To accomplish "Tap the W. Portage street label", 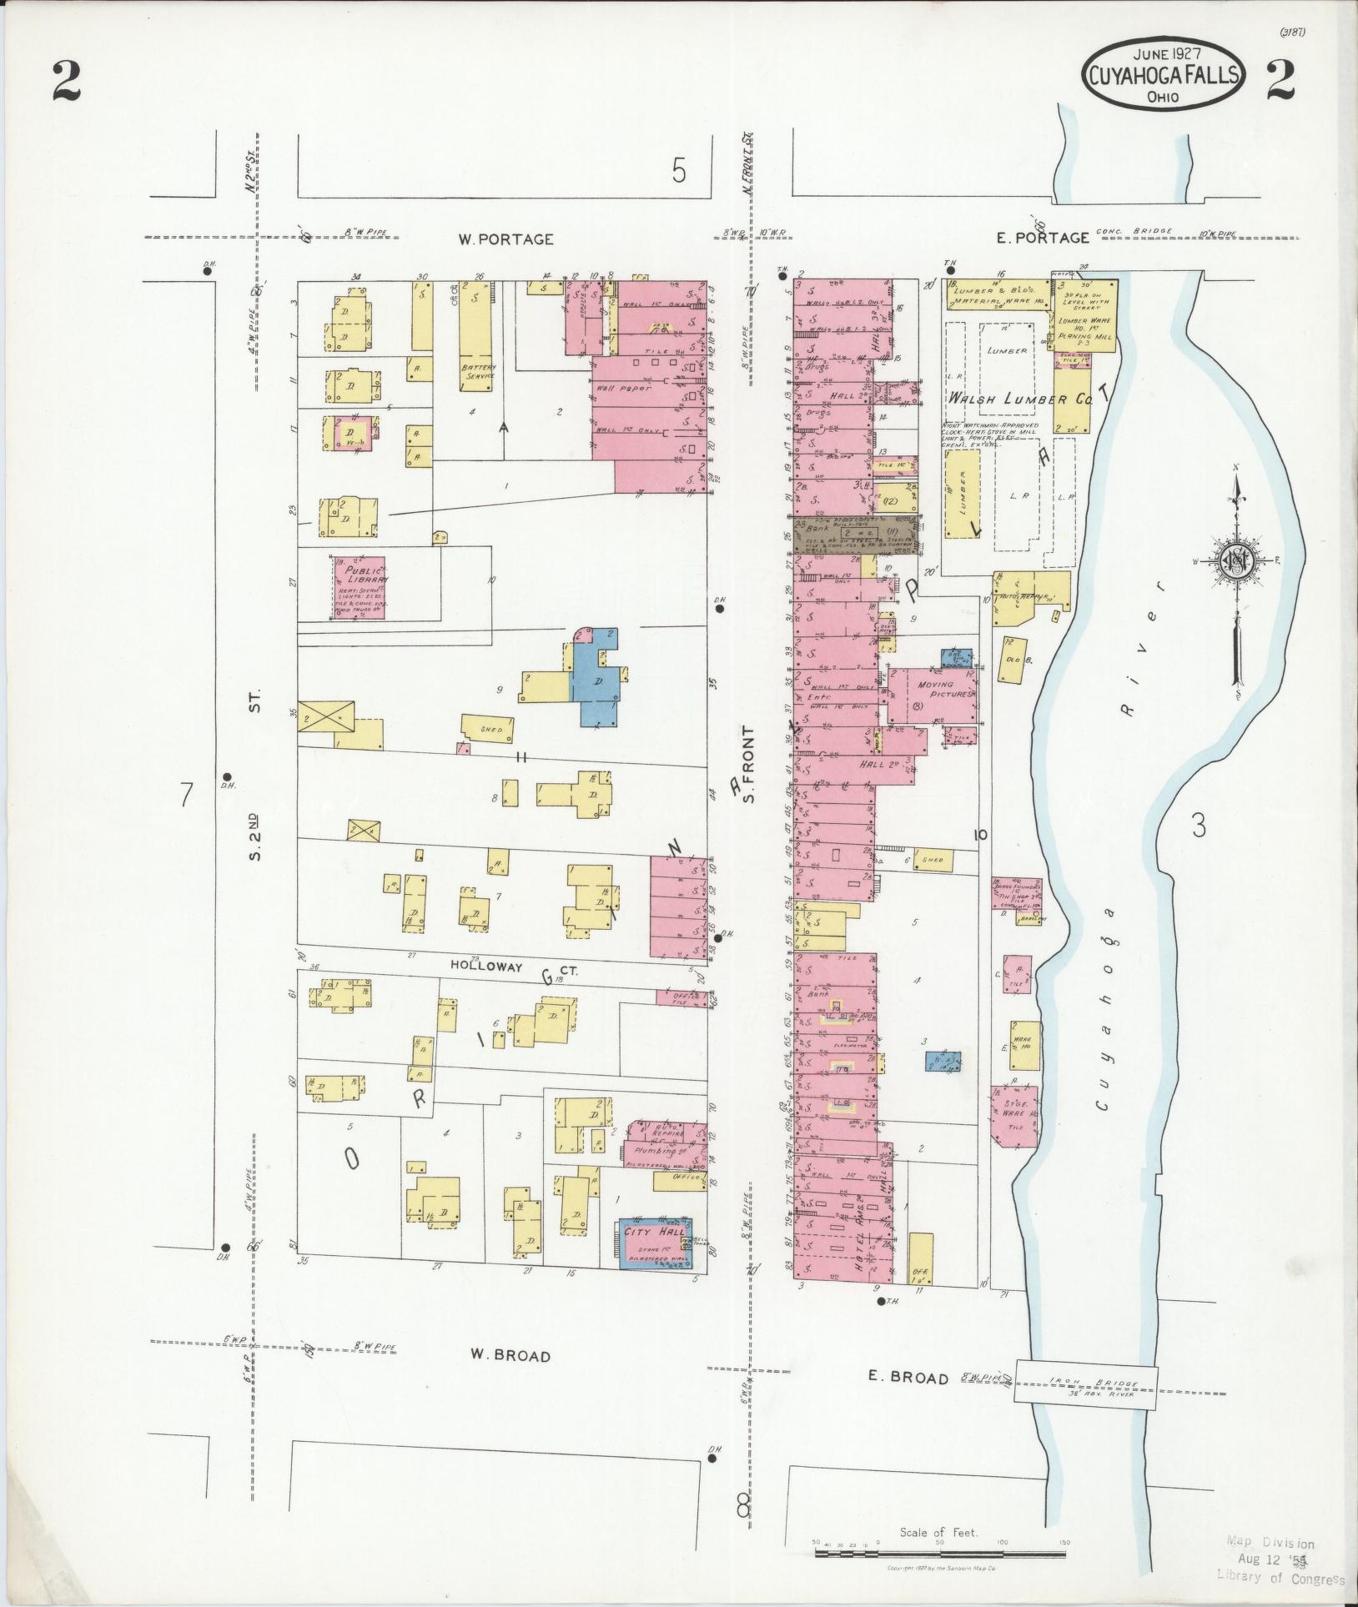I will pyautogui.click(x=505, y=239).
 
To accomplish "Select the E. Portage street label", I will pyautogui.click(x=1043, y=238).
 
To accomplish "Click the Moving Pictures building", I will pyautogui.click(x=934, y=695).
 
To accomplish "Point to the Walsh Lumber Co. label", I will pyautogui.click(x=1018, y=399).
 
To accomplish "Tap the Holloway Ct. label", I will pyautogui.click(x=490, y=967).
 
